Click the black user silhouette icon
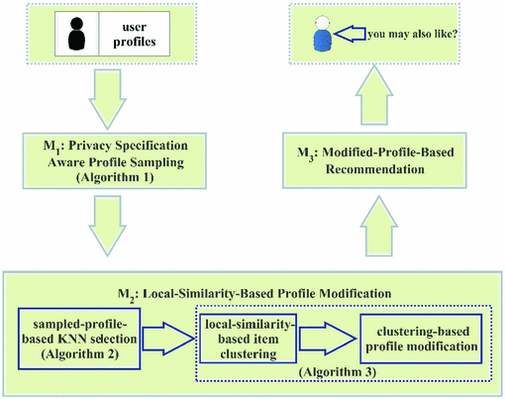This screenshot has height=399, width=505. (x=76, y=34)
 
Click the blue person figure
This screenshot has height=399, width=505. (x=323, y=34)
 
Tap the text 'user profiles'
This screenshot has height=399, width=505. (x=135, y=34)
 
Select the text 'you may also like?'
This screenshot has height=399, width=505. (x=412, y=34)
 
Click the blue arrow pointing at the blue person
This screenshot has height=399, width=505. (x=350, y=34)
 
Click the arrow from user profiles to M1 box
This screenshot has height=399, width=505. (x=107, y=99)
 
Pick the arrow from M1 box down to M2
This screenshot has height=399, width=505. (x=107, y=226)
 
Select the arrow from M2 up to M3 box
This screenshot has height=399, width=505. (x=379, y=226)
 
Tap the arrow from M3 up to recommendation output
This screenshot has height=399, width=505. (x=374, y=95)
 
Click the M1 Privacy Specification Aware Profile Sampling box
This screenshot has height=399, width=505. (x=115, y=160)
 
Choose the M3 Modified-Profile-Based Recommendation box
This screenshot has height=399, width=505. (x=374, y=160)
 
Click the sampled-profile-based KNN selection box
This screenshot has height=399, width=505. (x=79, y=339)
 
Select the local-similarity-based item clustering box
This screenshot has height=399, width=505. (x=248, y=339)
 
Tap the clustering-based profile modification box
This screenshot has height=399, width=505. (x=421, y=339)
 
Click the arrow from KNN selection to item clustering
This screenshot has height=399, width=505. (x=168, y=339)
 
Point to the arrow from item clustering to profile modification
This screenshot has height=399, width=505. (x=328, y=339)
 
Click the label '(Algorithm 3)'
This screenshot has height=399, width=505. (x=338, y=372)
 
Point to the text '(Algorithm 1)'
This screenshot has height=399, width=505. (x=115, y=177)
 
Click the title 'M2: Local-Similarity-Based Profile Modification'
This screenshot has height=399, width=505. (x=254, y=294)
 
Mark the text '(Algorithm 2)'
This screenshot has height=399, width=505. (x=80, y=354)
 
